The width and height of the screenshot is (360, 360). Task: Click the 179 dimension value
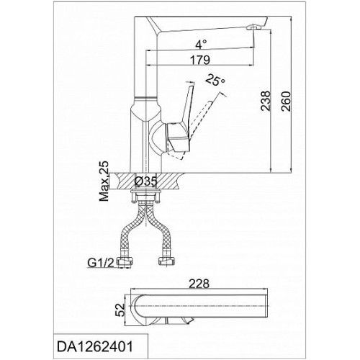pos(200,60)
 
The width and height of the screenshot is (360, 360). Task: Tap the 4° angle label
pos(201,45)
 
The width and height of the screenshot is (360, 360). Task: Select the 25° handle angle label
pos(215,80)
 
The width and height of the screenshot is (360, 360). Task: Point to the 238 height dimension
pos(266,101)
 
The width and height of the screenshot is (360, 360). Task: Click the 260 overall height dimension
pos(286,102)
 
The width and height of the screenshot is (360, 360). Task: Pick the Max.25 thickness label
pos(104,181)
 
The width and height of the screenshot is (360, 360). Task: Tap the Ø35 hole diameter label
pos(146,181)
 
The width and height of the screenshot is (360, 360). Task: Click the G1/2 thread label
pos(100,264)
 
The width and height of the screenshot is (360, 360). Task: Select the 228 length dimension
pos(199,284)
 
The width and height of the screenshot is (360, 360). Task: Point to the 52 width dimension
pos(120,310)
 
